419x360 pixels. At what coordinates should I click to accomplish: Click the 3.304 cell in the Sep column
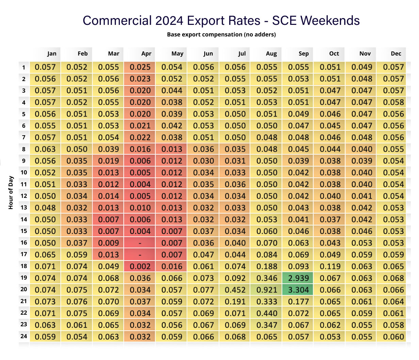298,290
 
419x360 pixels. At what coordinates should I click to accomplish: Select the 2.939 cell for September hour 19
298,278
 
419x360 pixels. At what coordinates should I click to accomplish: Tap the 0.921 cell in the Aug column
267,290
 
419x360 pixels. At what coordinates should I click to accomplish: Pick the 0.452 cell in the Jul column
235,290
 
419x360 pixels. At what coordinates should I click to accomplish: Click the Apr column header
146,53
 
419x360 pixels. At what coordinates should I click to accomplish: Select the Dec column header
396,53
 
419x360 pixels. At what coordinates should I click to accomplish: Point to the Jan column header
52,53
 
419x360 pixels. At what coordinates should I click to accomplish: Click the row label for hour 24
23,336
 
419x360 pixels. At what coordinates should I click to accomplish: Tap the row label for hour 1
23,67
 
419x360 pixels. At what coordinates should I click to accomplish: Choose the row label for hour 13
23,207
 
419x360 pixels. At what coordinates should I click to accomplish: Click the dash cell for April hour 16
140,243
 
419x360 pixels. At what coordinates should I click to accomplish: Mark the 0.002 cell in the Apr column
140,266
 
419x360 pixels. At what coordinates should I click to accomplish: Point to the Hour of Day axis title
11,192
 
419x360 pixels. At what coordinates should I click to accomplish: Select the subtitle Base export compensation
221,34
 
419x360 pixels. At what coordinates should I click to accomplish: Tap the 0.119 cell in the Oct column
330,266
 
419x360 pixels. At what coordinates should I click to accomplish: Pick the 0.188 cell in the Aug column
267,266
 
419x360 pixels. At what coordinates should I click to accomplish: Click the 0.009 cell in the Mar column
108,243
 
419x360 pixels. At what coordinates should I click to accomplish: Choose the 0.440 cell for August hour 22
267,313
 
